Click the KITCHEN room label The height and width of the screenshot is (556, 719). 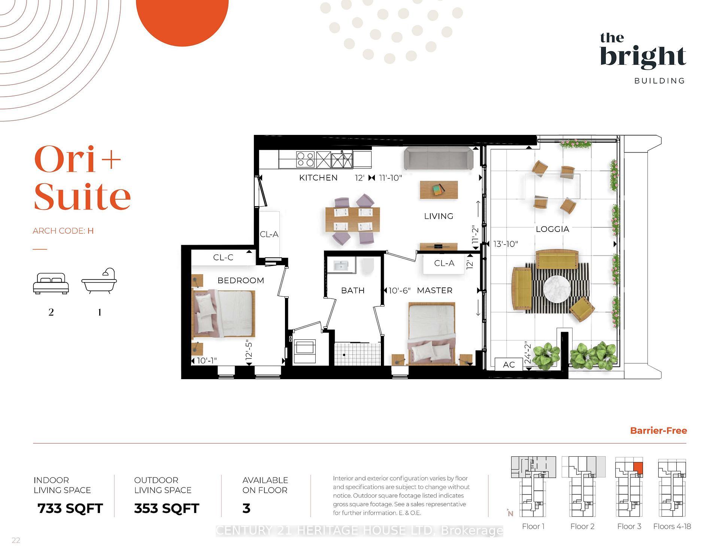coord(318,178)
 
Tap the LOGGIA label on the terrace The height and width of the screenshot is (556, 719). coord(552,229)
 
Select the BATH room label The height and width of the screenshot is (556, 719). coord(352,290)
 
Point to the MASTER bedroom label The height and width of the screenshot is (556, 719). coord(434,290)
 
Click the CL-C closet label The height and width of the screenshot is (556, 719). coord(223,257)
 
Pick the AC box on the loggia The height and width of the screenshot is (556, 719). coord(509,365)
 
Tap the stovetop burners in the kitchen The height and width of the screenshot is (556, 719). coord(305,159)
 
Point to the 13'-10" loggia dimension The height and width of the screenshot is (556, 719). coord(505,244)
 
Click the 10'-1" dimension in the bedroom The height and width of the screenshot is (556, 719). coord(207,360)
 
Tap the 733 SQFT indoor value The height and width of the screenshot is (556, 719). coord(70,508)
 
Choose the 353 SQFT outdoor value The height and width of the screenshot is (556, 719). coord(167,508)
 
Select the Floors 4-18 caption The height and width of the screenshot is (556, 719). coord(672,526)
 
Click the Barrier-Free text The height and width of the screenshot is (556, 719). coord(658,430)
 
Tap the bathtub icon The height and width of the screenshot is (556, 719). coord(99,281)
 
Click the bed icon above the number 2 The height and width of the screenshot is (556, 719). coord(51,283)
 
